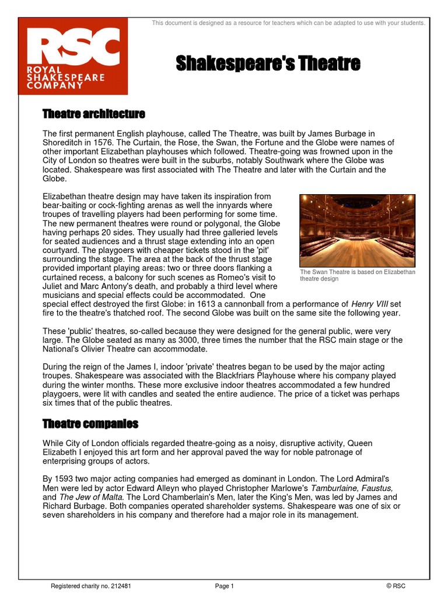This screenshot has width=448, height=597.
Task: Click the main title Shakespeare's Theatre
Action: (x=268, y=63)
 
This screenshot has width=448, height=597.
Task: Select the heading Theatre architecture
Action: (x=93, y=113)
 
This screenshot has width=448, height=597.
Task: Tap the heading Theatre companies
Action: (x=90, y=423)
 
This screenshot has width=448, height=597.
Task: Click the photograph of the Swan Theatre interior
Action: (x=357, y=230)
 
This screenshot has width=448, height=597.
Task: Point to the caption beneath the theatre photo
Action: (x=357, y=275)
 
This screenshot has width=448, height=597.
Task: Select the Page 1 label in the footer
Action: (x=224, y=586)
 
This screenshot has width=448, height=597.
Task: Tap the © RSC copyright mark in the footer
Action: (x=395, y=586)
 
